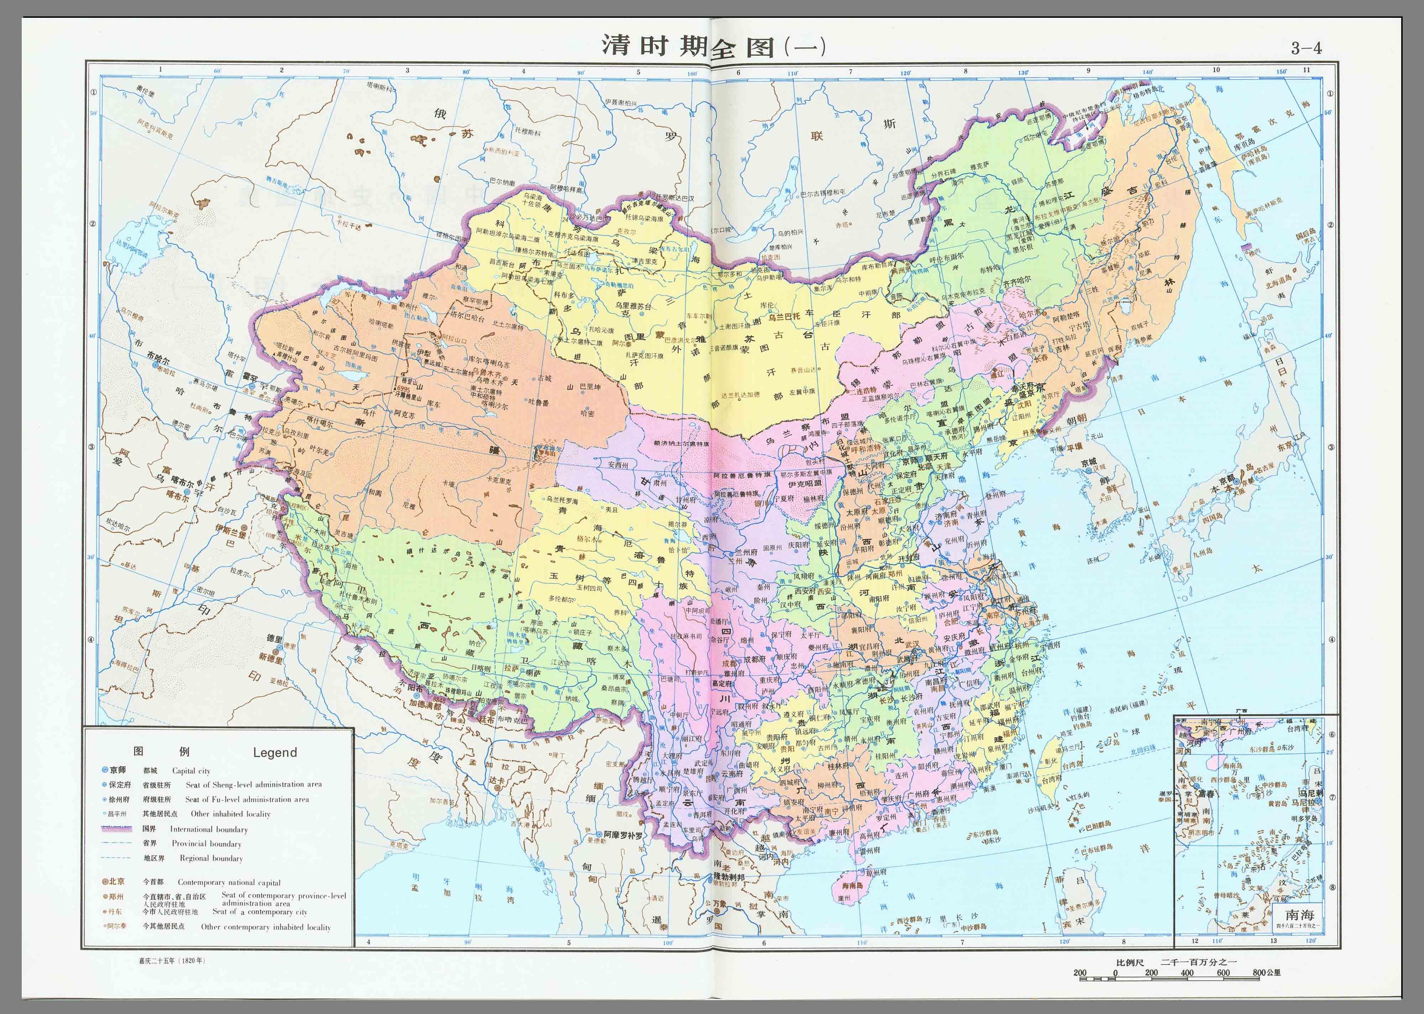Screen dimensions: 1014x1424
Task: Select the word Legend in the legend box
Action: [275, 752]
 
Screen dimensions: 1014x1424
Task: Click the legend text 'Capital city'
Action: [191, 771]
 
